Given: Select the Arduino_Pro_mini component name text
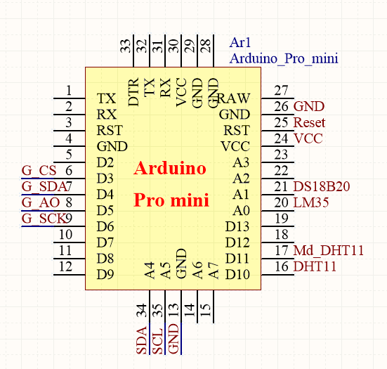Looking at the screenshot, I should point(284,58).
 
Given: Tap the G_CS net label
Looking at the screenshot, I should point(39,171).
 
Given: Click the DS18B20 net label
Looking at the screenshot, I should point(322,187).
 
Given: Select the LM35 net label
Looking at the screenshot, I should point(312,203).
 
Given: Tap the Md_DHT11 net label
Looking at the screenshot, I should point(329,251).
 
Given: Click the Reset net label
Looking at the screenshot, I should point(310,122).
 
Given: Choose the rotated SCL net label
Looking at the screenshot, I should point(158,340).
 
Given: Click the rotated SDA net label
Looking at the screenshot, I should point(142,340).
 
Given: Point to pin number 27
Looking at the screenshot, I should point(282,90).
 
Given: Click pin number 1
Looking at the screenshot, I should point(69,90).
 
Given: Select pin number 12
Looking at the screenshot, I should point(66,266).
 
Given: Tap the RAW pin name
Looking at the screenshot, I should point(234,98).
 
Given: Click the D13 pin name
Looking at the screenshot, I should point(237,226).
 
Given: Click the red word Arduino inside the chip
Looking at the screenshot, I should point(170,169).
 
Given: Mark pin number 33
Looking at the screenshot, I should point(126,46).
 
